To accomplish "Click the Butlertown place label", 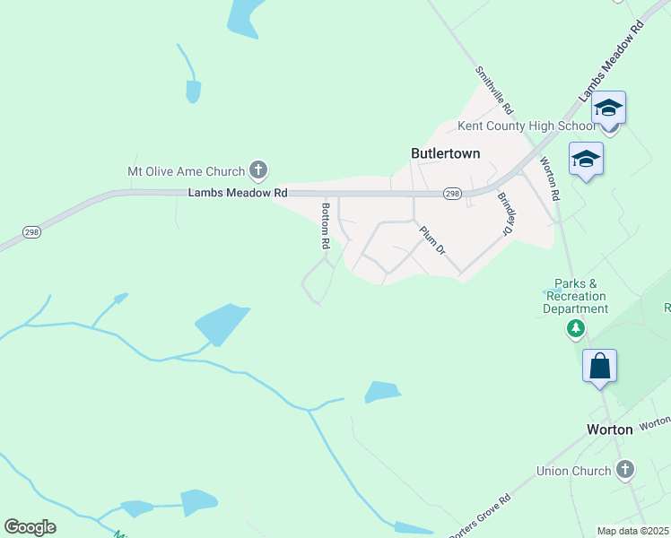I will click(445, 153).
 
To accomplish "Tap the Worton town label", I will click(609, 430).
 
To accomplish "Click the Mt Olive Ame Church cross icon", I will click(257, 170).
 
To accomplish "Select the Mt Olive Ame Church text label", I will click(186, 171).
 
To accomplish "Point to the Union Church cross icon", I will click(624, 469).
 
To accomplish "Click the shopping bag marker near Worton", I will click(599, 367).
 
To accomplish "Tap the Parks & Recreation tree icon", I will click(575, 329).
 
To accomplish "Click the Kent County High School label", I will click(527, 126).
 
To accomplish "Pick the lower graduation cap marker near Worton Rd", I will click(586, 160).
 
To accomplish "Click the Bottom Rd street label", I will click(326, 225).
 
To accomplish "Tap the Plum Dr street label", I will click(432, 239).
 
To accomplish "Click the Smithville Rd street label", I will click(494, 90).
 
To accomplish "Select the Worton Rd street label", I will click(549, 178).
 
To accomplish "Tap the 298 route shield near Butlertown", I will click(452, 194).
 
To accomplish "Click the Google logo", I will click(30, 527).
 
